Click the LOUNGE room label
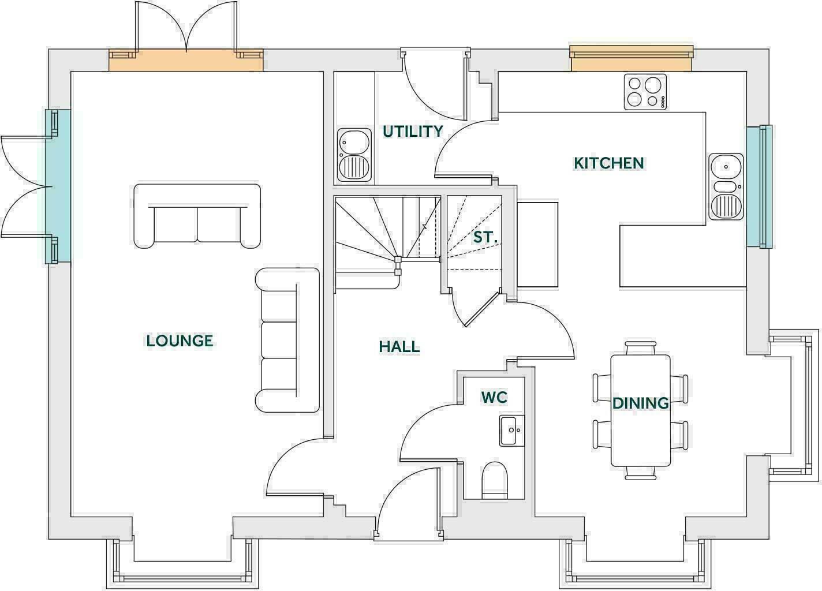tap(180, 341)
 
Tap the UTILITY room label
tap(413, 132)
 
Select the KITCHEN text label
tap(608, 163)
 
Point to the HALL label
tap(399, 347)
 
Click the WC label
tap(494, 397)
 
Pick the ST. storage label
tap(485, 237)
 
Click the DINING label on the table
tap(640, 403)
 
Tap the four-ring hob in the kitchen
tap(645, 92)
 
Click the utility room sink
tap(354, 155)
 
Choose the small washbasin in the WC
tap(511, 431)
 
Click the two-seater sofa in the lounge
tap(197, 216)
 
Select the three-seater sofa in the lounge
tap(287, 341)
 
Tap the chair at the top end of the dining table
tap(641, 348)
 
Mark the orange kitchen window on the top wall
tap(631, 58)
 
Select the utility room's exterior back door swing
tap(433, 87)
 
